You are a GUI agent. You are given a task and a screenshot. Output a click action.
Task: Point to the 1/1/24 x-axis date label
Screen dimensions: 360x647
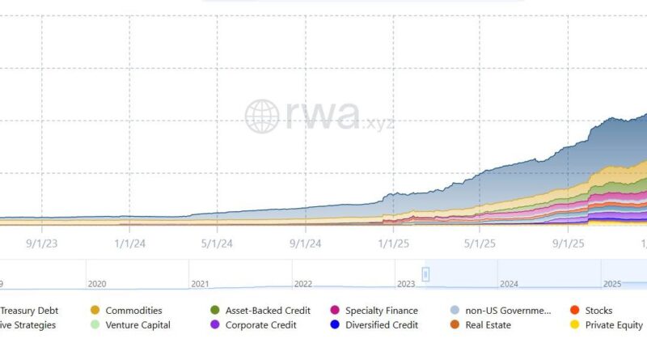pos(129,242)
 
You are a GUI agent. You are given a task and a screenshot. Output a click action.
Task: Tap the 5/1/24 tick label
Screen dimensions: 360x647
pos(217,242)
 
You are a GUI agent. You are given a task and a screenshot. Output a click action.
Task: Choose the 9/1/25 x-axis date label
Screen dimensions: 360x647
pos(569,242)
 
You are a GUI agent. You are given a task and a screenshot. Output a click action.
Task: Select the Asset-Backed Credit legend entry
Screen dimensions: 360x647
pos(260,311)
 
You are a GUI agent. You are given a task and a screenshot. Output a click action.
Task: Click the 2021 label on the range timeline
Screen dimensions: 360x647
pos(200,284)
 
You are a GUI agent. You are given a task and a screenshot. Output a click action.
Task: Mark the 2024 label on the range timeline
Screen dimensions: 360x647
pos(509,284)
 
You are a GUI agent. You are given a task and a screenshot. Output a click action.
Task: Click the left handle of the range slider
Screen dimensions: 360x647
pos(425,274)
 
